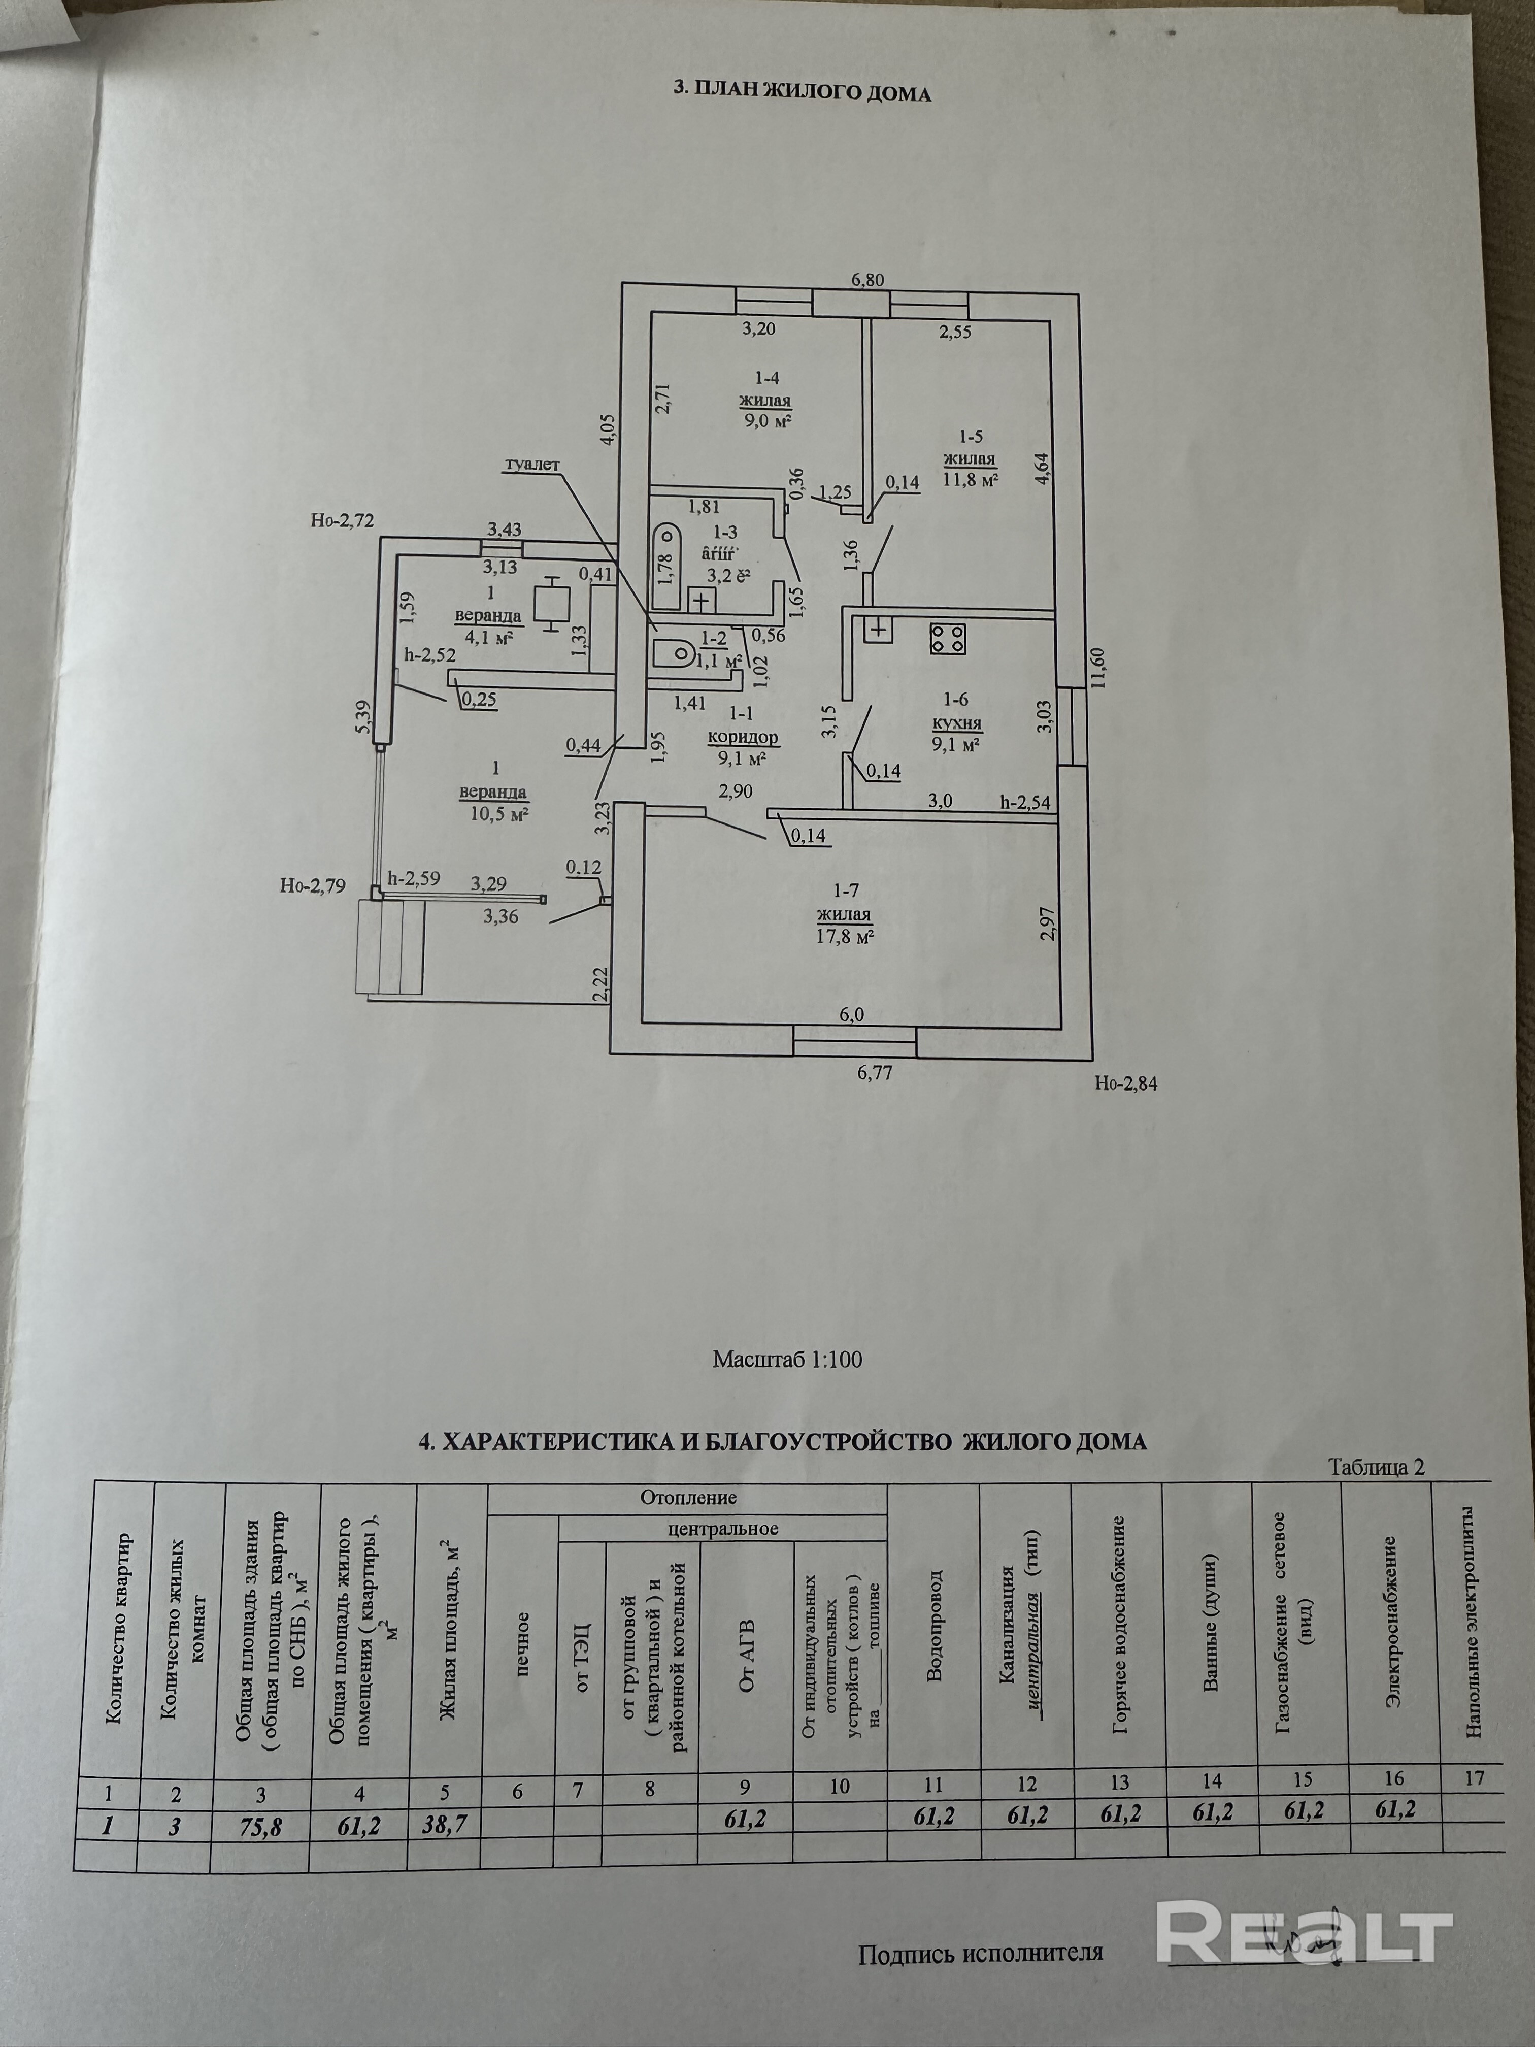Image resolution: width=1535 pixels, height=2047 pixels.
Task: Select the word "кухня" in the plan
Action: [x=958, y=723]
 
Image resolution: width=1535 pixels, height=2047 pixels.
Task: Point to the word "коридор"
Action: [x=742, y=739]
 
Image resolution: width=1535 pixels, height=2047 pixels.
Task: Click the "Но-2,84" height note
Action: [x=1125, y=1083]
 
